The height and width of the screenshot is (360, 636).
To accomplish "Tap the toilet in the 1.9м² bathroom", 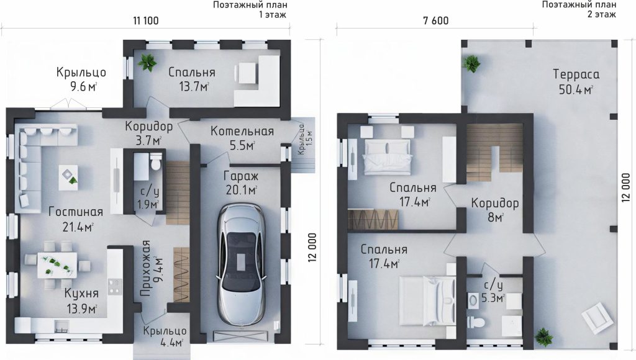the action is [x=155, y=163].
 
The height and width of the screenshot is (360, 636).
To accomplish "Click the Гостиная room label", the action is [x=76, y=212].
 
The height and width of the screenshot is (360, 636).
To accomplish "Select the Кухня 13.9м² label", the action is [x=81, y=301].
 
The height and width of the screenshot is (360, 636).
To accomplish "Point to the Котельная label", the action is [x=242, y=132].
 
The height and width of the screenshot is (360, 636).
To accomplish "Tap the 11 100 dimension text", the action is [x=145, y=20].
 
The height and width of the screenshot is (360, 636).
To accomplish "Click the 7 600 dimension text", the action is [x=435, y=20].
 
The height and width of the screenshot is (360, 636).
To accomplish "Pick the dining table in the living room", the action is [x=57, y=265].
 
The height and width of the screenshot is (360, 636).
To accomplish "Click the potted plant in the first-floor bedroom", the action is [x=147, y=63].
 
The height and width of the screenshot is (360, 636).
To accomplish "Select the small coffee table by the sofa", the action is [x=68, y=177].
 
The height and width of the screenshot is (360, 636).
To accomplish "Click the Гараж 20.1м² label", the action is [x=241, y=182].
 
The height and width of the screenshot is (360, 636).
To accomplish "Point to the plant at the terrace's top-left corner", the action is [x=471, y=64].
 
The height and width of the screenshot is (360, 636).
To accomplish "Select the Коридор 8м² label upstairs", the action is [x=495, y=210].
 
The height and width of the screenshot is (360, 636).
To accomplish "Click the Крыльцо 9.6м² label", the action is [x=81, y=79].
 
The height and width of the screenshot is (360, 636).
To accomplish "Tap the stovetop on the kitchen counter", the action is [x=115, y=286].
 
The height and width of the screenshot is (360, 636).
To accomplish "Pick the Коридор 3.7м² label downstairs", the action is [x=149, y=133].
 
